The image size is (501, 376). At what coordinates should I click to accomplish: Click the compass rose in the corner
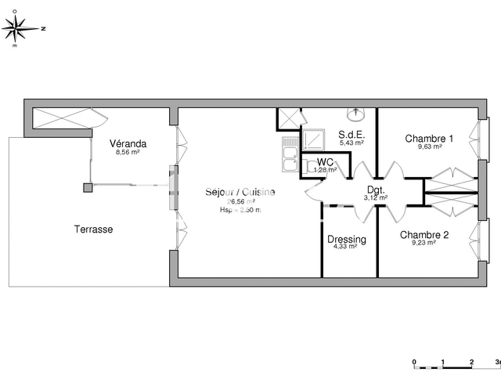[x=18, y=29]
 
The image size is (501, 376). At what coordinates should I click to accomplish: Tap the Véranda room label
[x=128, y=144]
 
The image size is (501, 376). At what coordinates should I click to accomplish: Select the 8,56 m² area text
[x=128, y=153]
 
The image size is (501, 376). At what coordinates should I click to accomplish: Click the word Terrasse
[x=93, y=230]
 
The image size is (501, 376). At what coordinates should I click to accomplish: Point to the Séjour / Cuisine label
[x=240, y=192]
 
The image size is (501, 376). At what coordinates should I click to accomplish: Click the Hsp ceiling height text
[x=240, y=209]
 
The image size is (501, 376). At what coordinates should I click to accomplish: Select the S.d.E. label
[x=351, y=135]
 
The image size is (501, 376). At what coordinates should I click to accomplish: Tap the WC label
[x=326, y=161]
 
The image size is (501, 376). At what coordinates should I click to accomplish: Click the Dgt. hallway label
[x=376, y=189]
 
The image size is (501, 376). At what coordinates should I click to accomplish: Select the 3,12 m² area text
[x=376, y=197]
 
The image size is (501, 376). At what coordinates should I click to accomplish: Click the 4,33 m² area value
[x=344, y=246]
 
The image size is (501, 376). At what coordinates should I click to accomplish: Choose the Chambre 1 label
[x=429, y=138]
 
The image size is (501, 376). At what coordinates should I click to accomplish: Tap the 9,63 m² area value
[x=429, y=146]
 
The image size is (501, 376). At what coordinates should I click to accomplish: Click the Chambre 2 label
[x=424, y=234]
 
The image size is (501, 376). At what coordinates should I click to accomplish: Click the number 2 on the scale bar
[x=470, y=362]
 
